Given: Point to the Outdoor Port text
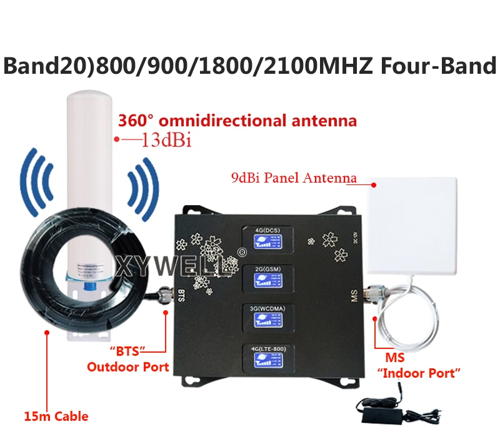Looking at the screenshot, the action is (x=128, y=366).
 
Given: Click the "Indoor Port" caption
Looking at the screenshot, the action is (x=419, y=373).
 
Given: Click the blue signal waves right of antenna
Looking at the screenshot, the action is (x=141, y=181).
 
